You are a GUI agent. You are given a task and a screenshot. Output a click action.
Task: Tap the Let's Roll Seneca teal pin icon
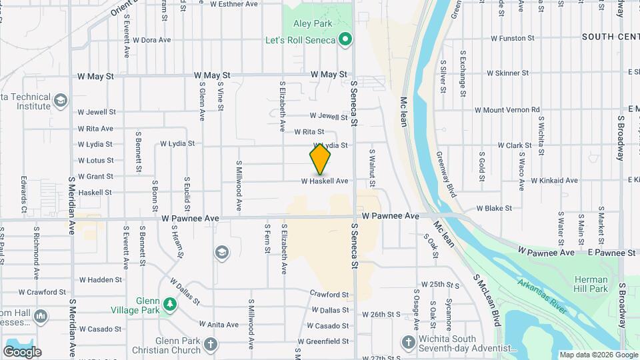(345, 40)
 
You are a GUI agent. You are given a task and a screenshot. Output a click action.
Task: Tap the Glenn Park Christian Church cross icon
(211, 345)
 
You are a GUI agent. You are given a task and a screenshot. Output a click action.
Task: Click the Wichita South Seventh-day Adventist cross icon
(408, 343)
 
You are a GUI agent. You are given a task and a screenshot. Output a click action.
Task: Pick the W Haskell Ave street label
(325, 181)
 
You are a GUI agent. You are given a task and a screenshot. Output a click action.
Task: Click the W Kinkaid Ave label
(531, 181)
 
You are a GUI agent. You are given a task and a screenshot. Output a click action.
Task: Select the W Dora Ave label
(151, 40)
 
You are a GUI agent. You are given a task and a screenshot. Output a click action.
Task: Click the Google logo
(22, 351)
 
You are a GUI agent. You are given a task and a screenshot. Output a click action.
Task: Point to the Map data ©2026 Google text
(598, 355)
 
